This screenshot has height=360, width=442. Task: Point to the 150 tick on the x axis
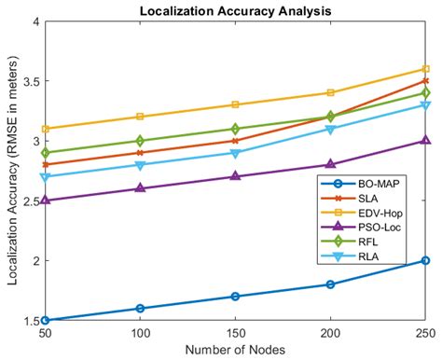[x=235, y=333]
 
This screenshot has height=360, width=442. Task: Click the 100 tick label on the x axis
[x=140, y=333]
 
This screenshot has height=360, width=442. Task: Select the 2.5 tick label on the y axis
[x=30, y=201]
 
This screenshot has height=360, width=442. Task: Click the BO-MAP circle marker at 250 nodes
[x=425, y=260]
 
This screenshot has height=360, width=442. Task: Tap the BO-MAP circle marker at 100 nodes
[x=140, y=308]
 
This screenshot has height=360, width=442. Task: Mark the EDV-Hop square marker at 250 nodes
[x=425, y=69]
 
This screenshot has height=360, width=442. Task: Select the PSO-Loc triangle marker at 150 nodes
[x=235, y=176]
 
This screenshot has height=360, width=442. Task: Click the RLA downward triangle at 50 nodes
[x=45, y=176]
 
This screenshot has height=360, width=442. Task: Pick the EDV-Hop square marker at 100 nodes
[x=140, y=117]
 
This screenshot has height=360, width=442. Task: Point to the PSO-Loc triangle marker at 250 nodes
[x=425, y=141]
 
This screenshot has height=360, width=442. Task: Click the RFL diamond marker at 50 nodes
[x=45, y=152]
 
